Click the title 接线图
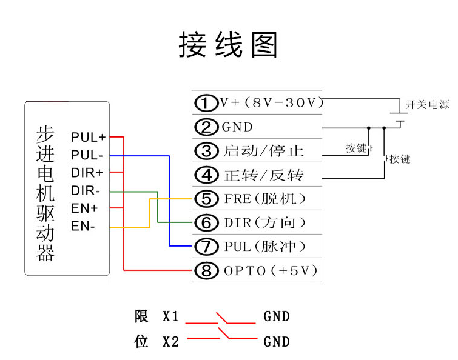(x=228, y=45)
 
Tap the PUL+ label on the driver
(x=88, y=137)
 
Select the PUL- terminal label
(x=87, y=155)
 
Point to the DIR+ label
(x=87, y=173)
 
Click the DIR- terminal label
(x=86, y=191)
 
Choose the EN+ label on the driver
(x=84, y=208)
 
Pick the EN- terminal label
(x=83, y=227)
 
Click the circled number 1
(x=206, y=103)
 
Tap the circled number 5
(x=206, y=199)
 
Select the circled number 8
(x=206, y=270)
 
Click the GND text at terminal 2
(x=237, y=127)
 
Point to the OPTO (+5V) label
(x=271, y=271)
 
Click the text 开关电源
(x=427, y=104)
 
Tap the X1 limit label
(x=170, y=316)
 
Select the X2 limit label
(x=170, y=342)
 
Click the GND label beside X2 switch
(x=277, y=342)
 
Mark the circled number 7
(x=206, y=247)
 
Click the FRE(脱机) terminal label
(x=264, y=199)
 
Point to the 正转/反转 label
(x=264, y=175)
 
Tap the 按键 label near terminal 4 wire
(x=400, y=159)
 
